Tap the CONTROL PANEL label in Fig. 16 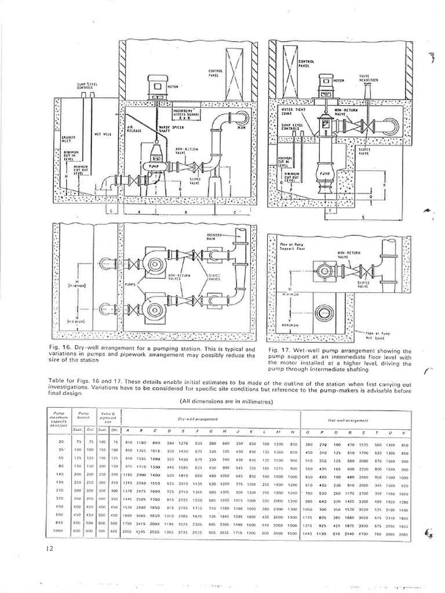coord(216,73)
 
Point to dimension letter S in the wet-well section coord(363,217)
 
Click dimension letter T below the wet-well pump coord(329,212)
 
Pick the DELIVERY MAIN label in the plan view coord(215,236)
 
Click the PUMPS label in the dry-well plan coord(130,285)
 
